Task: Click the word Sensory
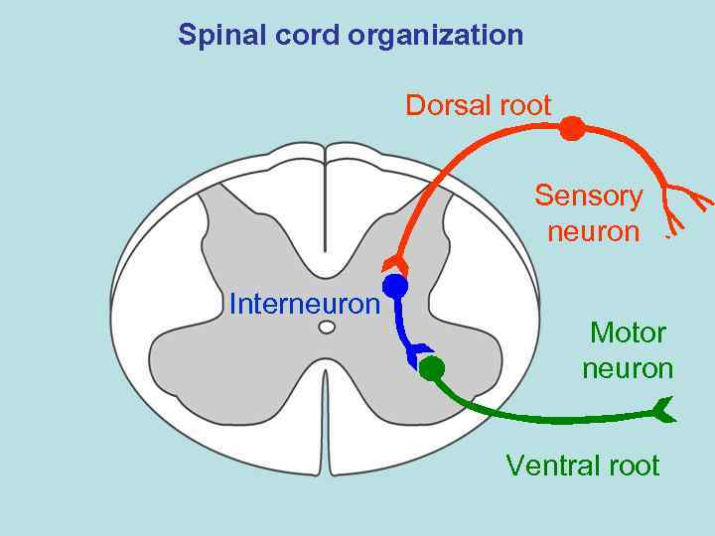coord(589,196)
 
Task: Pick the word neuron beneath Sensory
coord(593,232)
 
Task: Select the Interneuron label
coord(304,304)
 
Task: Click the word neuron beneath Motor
coord(628,369)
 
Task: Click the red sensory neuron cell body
coord(571,128)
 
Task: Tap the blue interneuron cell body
coord(395,287)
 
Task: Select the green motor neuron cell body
coord(431,369)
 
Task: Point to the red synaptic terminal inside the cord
coord(396,263)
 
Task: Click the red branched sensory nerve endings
coord(686,201)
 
